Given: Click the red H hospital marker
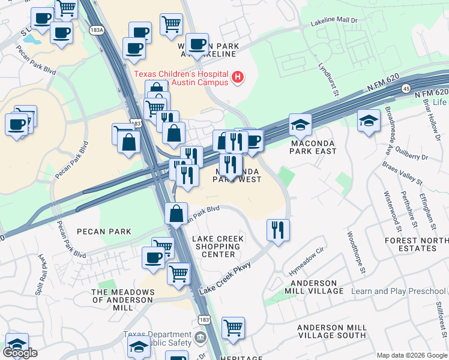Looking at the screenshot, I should [x=238, y=77].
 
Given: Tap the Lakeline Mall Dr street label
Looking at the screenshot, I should [x=334, y=22].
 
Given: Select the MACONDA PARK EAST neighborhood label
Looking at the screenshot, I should [x=313, y=148].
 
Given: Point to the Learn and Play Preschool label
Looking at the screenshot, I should [x=399, y=292].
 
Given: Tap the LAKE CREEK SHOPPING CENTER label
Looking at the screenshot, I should [x=218, y=247].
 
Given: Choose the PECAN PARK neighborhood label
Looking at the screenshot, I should [x=103, y=231].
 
